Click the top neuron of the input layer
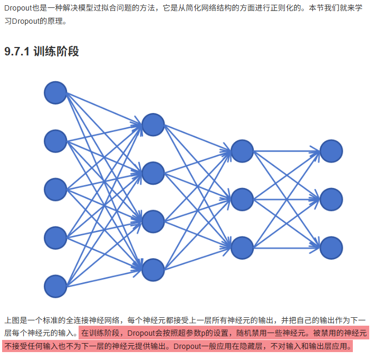[55, 93]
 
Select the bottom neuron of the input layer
[55, 286]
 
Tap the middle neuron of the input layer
[55, 190]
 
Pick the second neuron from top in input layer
[55, 141]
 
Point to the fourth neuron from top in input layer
[55, 238]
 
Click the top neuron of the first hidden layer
[153, 125]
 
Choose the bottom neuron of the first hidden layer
[153, 269]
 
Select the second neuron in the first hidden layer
[153, 173]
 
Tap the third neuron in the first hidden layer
[153, 221]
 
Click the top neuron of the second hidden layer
[242, 151]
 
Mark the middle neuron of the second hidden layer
[242, 199]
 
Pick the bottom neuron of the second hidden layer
[242, 248]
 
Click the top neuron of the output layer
[331, 151]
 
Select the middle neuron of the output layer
[331, 199]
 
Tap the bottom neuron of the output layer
[331, 248]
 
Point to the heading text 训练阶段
[56, 52]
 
